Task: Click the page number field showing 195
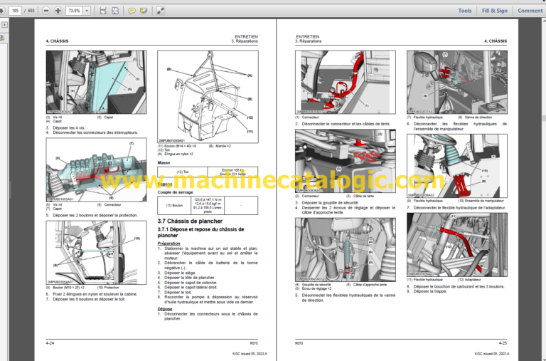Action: coord(14,11)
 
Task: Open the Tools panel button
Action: coord(465,11)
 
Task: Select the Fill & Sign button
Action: coord(494,11)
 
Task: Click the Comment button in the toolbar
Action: coord(530,11)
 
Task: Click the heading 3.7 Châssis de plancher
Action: coord(191,221)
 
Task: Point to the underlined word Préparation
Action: coord(169,244)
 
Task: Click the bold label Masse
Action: coord(164,162)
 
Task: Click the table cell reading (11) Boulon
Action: coord(174,206)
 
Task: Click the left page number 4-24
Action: coord(50,342)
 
